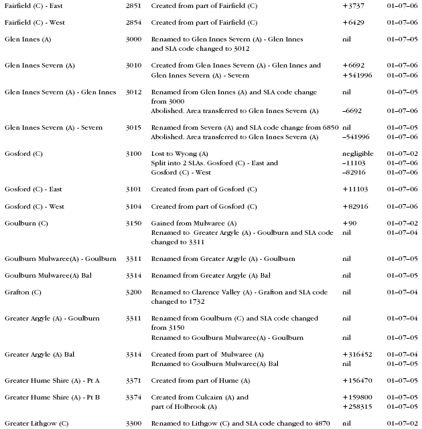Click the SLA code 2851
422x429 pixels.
pos(133,5)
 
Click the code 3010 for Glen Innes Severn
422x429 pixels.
pos(133,66)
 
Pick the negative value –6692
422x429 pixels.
pos(353,110)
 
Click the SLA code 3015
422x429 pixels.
pos(133,127)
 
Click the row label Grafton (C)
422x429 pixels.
pos(23,293)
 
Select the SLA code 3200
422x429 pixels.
pos(133,293)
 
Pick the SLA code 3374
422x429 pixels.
pos(133,398)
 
